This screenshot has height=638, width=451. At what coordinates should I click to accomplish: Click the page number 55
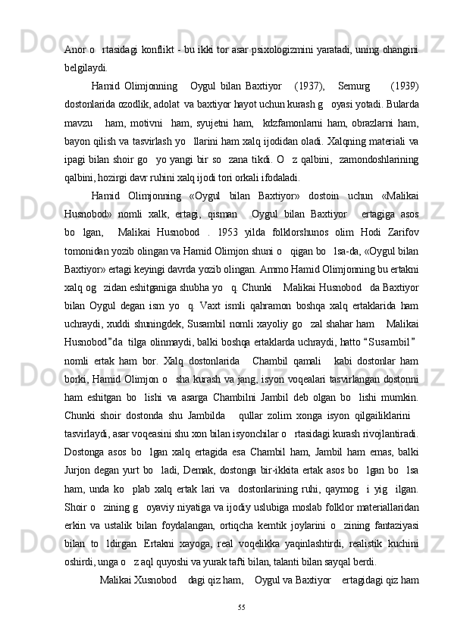coord(242,607)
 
